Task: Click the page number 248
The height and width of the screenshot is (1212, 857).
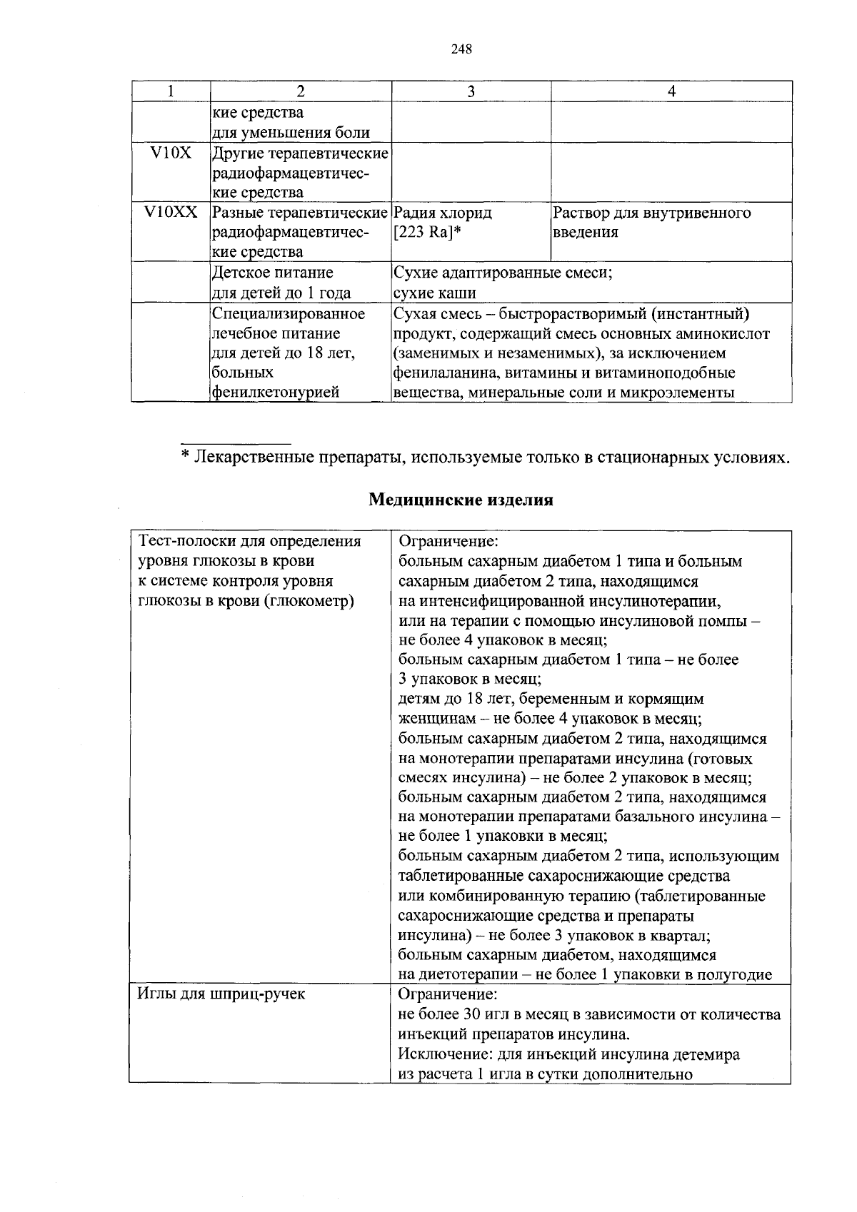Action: click(462, 49)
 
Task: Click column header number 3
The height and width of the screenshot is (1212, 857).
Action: click(471, 91)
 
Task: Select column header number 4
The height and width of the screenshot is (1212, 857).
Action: click(671, 91)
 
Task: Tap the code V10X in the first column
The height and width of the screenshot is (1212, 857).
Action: click(171, 153)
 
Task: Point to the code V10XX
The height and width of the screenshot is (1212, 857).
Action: click(171, 213)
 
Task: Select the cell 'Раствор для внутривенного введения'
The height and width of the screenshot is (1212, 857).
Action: click(652, 223)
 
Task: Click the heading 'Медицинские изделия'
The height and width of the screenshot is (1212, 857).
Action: click(461, 500)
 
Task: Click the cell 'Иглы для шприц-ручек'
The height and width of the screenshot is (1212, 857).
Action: click(221, 994)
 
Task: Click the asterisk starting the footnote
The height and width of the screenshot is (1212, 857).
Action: click(185, 456)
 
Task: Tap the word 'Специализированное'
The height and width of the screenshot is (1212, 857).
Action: click(289, 313)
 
